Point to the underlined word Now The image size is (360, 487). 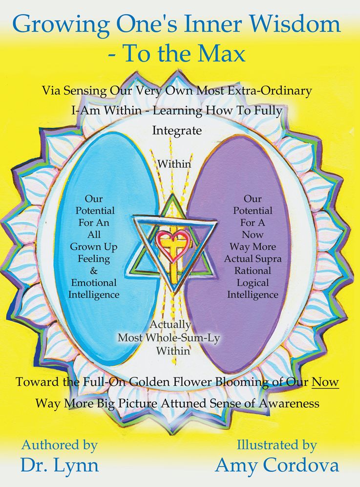[x=325, y=382]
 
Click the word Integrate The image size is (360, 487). [x=177, y=131]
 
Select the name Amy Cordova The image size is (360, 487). [x=277, y=465]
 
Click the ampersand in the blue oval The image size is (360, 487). [x=93, y=270]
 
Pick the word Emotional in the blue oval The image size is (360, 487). [x=94, y=283]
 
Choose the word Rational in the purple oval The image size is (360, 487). [x=253, y=270]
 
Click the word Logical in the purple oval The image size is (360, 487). [x=253, y=283]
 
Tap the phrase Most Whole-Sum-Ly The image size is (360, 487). [x=169, y=337]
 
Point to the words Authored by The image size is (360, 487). [x=59, y=445]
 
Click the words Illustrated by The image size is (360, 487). [x=277, y=445]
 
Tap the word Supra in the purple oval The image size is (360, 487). [x=268, y=259]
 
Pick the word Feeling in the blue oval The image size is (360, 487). [x=94, y=259]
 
